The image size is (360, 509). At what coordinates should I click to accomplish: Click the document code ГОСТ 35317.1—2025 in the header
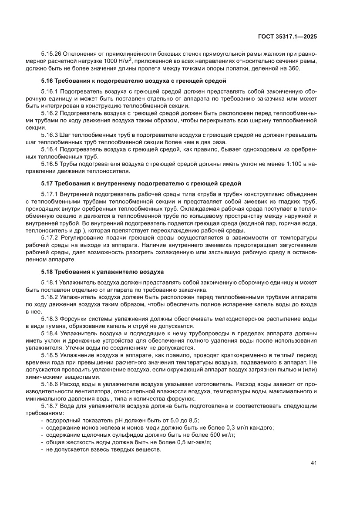288,36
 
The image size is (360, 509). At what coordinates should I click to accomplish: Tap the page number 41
313,463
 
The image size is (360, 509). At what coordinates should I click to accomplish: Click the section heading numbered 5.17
141,183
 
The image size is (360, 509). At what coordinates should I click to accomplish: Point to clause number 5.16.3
49,135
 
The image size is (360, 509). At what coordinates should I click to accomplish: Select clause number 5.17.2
49,237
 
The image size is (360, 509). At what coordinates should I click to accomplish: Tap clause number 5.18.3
49,319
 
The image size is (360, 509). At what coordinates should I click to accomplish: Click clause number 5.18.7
49,406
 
